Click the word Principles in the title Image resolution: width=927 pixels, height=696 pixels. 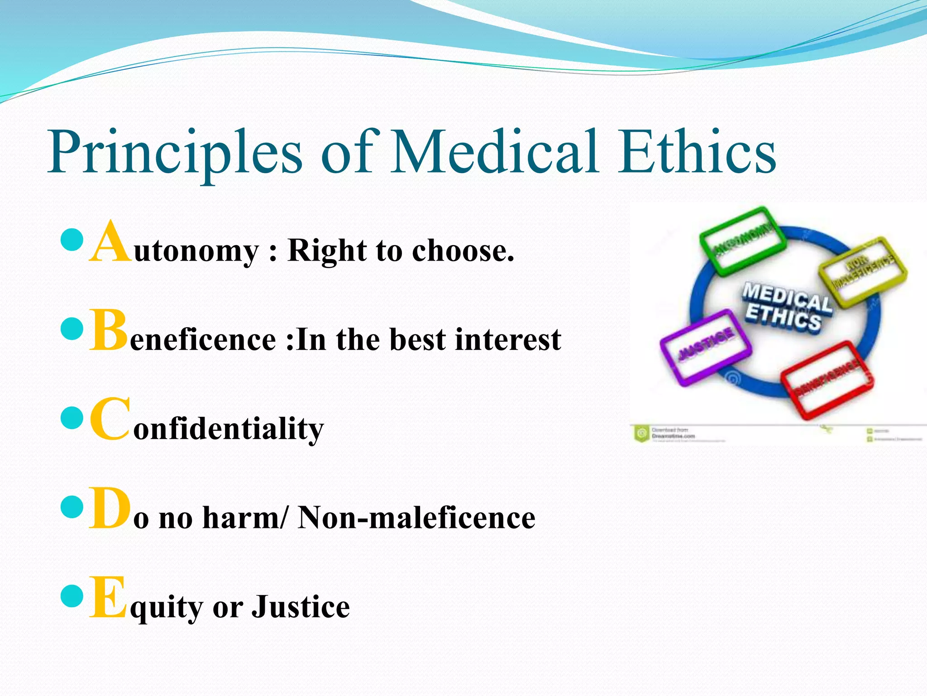[x=174, y=153]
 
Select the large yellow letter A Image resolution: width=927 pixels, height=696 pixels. [x=110, y=242]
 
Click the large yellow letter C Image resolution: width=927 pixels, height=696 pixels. [x=110, y=420]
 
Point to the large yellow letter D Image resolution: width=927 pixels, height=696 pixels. [x=110, y=508]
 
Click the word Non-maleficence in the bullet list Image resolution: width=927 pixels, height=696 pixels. [x=416, y=518]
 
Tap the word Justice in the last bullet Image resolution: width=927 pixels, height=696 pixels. [x=301, y=607]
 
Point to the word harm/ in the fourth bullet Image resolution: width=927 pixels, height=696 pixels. [x=244, y=518]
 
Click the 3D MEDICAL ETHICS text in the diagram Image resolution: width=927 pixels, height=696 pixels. [x=785, y=306]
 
